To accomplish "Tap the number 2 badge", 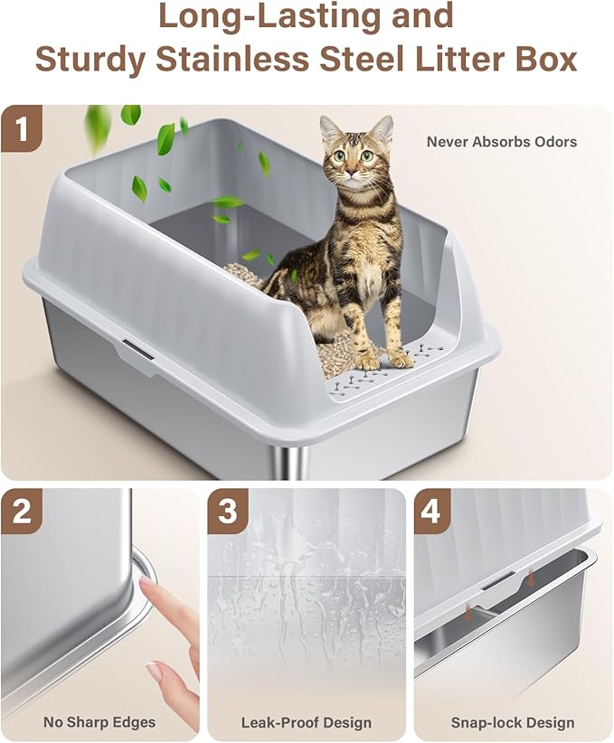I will click(24, 513).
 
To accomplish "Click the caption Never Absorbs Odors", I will click(501, 142).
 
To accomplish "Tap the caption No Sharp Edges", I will click(99, 722).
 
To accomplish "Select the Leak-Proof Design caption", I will click(306, 722).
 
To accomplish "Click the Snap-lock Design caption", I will click(512, 722).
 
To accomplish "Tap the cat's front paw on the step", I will click(368, 361).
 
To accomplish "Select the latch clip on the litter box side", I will click(133, 349).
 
